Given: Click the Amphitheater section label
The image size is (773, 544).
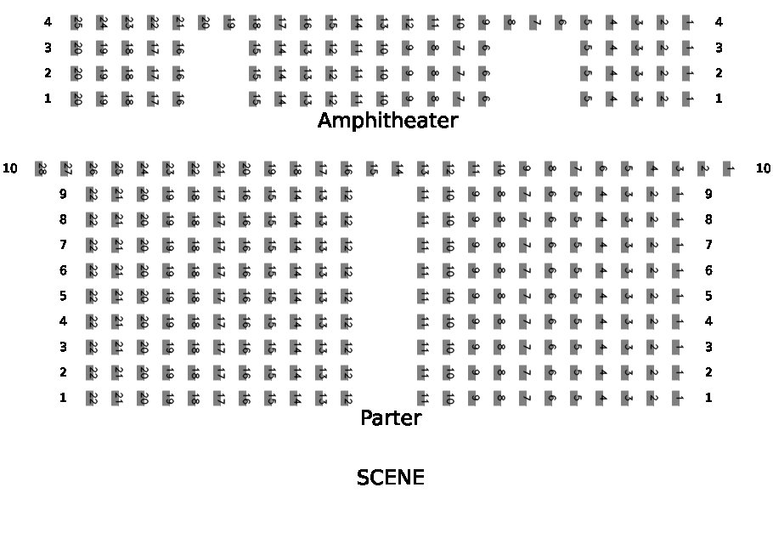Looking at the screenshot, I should click(387, 121).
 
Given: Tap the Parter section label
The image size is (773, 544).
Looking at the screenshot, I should click(391, 418).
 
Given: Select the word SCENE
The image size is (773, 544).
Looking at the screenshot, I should click(390, 478).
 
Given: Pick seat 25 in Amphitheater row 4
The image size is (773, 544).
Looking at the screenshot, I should click(77, 23).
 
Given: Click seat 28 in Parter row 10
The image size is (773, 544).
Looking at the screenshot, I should click(41, 168).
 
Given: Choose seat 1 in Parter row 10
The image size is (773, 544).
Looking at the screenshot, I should click(729, 168).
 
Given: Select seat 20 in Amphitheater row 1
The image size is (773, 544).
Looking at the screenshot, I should click(77, 99).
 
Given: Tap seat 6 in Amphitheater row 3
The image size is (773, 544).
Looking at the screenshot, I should click(483, 48).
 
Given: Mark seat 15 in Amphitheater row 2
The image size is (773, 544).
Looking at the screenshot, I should click(255, 74).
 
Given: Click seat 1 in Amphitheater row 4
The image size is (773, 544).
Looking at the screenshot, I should click(688, 23).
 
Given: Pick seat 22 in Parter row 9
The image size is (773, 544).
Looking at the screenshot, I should click(92, 194).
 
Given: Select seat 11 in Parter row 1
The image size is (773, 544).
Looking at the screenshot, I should click(423, 398).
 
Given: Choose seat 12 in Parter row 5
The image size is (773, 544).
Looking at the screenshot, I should click(347, 296).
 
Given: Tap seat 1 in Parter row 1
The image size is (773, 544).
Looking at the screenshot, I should click(678, 398).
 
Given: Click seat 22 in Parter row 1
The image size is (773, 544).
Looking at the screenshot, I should click(92, 398).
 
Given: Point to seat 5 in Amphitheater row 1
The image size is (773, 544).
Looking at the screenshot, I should click(586, 99).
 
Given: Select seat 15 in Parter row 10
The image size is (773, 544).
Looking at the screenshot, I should click(372, 168).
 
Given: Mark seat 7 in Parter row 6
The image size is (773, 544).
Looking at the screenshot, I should click(525, 270).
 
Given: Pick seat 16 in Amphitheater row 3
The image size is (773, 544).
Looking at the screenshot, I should click(179, 48).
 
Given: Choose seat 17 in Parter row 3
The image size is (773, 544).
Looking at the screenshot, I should click(219, 347).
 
